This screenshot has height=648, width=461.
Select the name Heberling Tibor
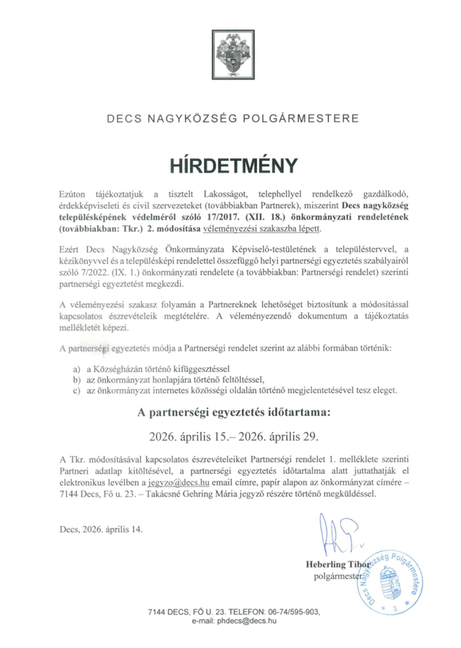coord(338,564)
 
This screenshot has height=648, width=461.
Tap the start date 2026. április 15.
coord(189,437)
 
